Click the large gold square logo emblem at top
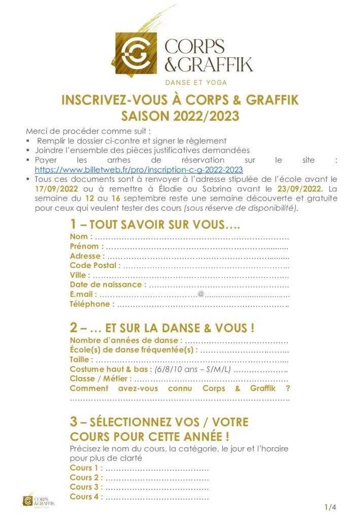point(136,53)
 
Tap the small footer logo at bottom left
point(38,500)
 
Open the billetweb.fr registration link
point(139,170)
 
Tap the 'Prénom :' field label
point(87,246)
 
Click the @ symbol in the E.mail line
point(201,295)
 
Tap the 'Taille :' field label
point(82,359)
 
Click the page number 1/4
point(330,507)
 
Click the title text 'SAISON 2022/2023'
point(180,116)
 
